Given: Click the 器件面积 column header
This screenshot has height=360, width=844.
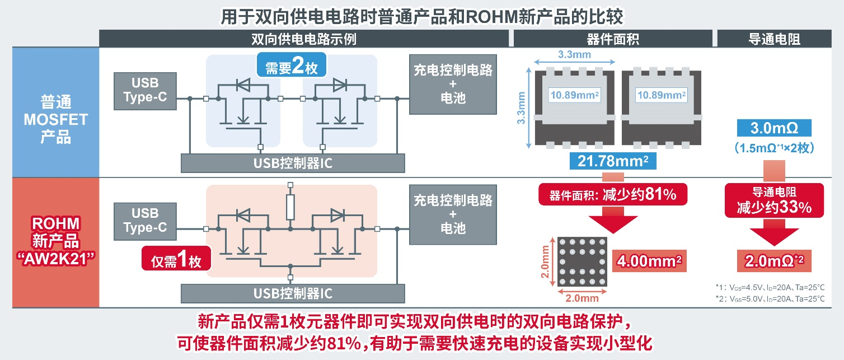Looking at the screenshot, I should point(613,39).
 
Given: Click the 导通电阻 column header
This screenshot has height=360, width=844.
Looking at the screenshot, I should point(774,39).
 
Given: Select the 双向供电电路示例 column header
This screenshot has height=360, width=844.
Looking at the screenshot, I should point(304,39).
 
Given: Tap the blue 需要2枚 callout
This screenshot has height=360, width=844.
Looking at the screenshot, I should point(291,67).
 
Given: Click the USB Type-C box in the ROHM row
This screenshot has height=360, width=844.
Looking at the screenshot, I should point(145,221).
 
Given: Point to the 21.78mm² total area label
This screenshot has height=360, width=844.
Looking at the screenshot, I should point(613,161).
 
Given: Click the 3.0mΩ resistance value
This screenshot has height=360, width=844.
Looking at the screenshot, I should point(775,128).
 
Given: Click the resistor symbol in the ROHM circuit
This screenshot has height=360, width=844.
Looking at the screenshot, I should point(290,207).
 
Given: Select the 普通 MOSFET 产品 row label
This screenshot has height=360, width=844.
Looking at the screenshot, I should point(56,119).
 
